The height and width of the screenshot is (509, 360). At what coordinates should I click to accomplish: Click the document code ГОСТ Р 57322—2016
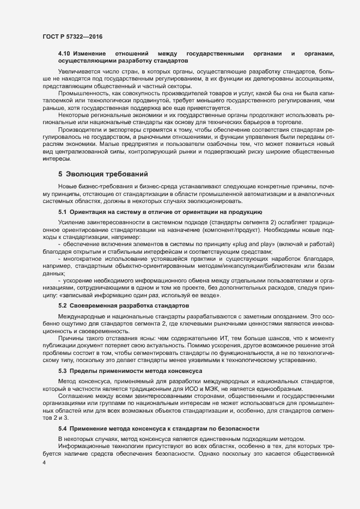pyautogui.click(x=72, y=36)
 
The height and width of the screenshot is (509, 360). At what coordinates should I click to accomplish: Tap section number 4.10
pyautogui.click(x=64, y=53)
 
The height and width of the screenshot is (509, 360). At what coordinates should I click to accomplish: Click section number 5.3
pyautogui.click(x=62, y=370)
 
